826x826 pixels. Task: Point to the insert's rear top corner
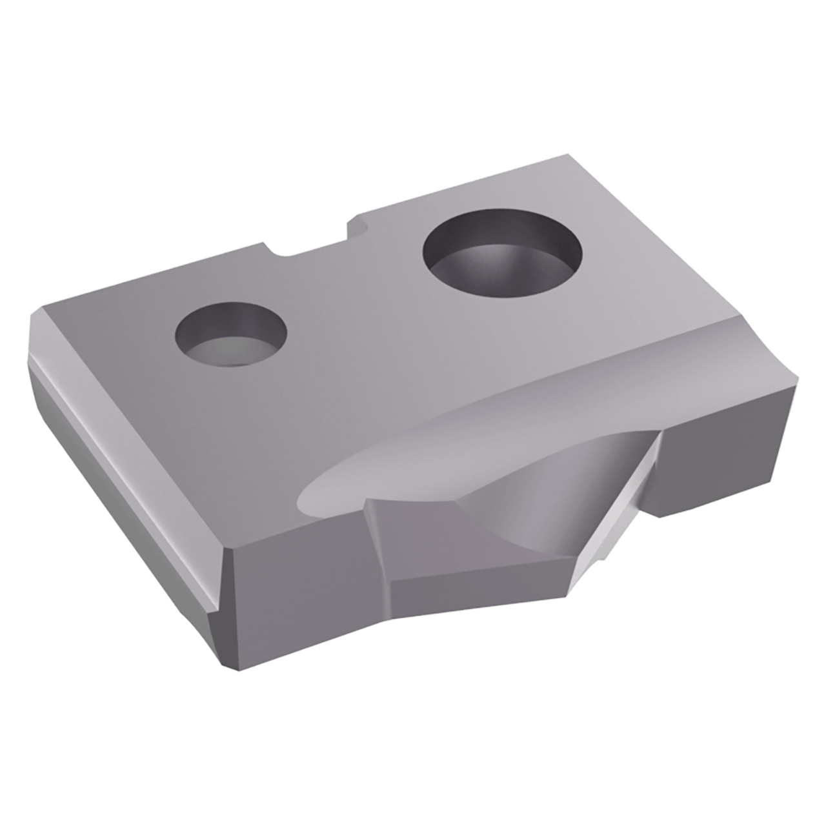point(567,156)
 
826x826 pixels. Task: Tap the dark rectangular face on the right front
point(716,465)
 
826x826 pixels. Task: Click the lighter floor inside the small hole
point(226,352)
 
